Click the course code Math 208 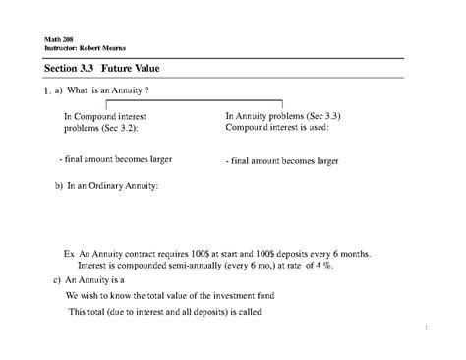(58, 40)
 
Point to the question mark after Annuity (146, 90)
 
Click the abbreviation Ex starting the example (70, 253)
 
